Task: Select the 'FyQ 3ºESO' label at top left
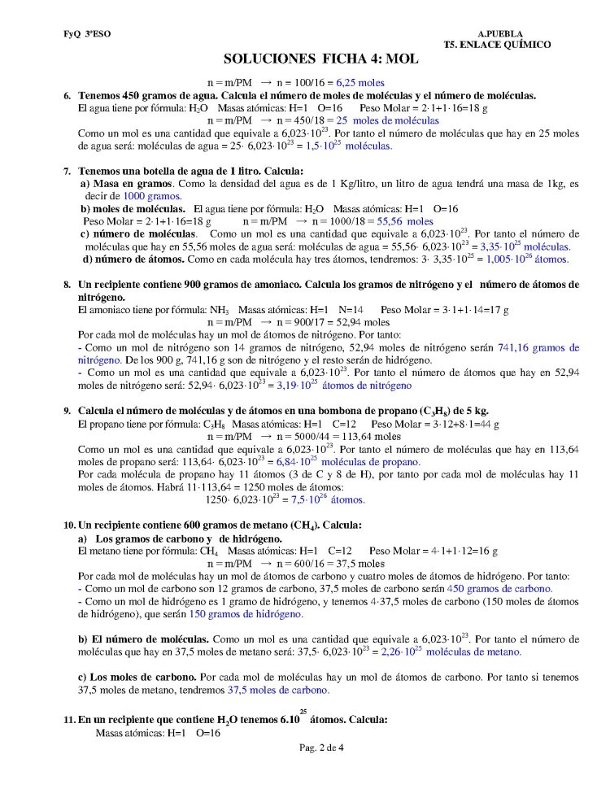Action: click(84, 33)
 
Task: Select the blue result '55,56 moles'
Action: click(405, 220)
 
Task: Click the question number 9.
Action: click(68, 409)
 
